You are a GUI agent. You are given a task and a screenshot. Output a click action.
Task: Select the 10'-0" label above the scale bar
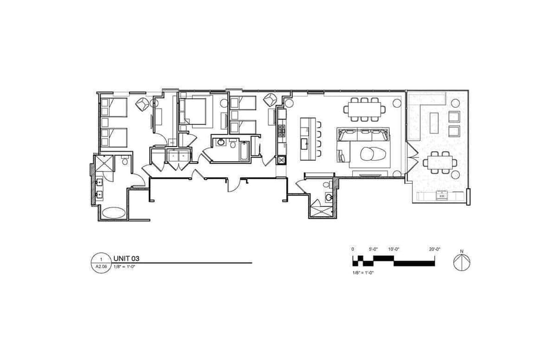394,249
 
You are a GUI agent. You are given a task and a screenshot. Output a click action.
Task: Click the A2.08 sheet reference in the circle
100,267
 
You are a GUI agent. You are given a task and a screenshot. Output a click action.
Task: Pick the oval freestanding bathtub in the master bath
113,213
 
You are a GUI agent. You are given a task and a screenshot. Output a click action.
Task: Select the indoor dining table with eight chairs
364,109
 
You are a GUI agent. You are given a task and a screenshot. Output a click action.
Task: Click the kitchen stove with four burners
281,131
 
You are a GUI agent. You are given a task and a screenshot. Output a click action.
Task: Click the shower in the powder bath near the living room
321,209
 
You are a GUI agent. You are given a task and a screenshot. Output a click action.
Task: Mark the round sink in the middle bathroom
222,141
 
